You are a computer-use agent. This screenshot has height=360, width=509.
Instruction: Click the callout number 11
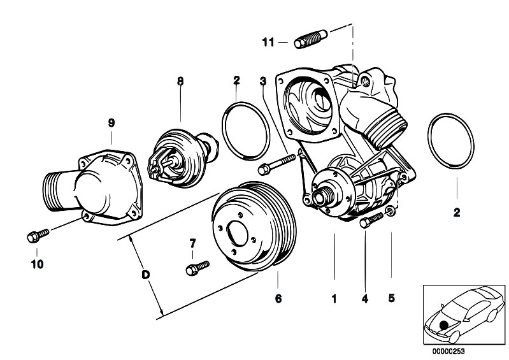click(268, 42)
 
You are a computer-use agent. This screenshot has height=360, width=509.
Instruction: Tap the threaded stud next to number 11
click(311, 39)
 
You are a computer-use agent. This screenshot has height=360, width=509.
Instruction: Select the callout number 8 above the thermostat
click(180, 81)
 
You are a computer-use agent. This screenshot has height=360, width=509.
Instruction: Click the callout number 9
click(111, 123)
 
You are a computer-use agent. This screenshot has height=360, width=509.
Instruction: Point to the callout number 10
click(37, 264)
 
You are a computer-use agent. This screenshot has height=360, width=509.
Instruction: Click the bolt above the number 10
click(38, 236)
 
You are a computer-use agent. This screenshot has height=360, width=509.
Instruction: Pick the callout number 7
click(193, 243)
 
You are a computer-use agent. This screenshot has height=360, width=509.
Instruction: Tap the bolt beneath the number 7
click(197, 268)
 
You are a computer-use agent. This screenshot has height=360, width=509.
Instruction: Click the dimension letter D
click(146, 275)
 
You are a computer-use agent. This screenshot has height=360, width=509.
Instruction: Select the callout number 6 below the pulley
click(278, 298)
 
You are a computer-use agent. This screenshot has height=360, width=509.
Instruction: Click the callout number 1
click(334, 298)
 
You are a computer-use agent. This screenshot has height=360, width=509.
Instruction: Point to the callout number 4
click(365, 298)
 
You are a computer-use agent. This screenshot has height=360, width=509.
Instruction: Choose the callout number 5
click(392, 298)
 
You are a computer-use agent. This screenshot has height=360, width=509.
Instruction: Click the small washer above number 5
click(390, 212)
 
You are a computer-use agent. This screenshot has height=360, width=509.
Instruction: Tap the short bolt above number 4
click(371, 220)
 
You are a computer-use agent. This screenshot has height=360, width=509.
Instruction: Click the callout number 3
click(262, 81)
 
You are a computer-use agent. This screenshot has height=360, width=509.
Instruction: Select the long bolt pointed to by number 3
click(276, 164)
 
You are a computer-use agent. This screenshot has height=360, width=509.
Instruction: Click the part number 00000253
click(448, 351)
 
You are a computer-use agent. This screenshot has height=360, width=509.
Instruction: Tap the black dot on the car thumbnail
click(443, 324)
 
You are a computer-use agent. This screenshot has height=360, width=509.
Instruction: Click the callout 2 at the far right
click(457, 213)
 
